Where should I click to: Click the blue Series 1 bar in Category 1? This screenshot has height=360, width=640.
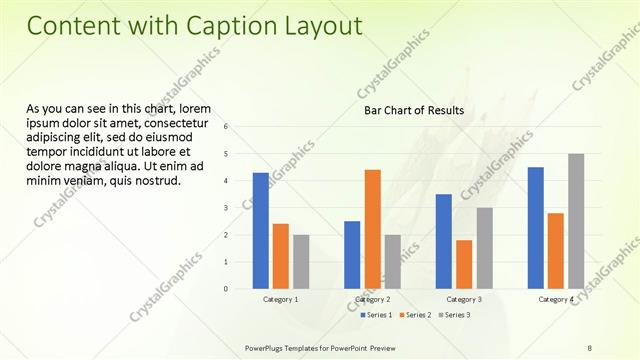pos(260,231)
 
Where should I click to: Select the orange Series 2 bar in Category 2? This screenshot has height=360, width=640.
pos(372,229)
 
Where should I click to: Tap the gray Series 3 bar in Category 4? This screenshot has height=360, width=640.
pos(576,221)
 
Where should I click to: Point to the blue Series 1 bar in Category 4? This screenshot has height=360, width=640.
pos(536,228)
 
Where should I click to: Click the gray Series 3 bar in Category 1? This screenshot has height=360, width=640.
pos(301,262)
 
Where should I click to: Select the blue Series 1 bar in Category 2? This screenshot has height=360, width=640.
pos(352,255)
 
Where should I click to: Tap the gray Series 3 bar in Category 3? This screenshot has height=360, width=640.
pos(484,248)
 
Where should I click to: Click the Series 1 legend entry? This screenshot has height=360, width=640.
pos(375,315)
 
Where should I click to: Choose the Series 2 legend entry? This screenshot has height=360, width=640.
pos(414,315)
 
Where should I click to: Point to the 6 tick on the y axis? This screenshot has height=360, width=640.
pos(227,127)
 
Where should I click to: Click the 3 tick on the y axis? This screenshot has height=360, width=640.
pos(227,208)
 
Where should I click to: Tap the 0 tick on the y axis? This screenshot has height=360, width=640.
pos(227,289)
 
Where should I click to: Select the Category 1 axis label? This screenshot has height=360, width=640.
pos(280,300)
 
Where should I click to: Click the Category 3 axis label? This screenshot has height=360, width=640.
pos(464,300)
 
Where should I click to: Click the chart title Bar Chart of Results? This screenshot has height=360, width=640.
pos(414,111)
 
